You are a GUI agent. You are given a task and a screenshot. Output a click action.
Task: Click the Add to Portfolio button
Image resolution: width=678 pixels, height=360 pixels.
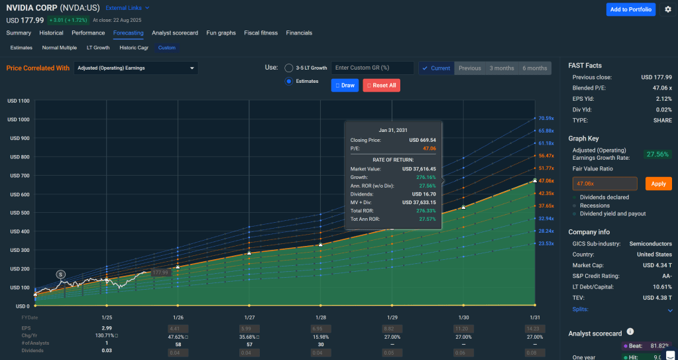630,9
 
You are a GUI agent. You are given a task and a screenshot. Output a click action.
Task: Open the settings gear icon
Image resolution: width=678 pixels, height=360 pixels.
667,9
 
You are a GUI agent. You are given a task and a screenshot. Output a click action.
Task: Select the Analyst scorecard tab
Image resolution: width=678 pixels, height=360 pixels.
175,32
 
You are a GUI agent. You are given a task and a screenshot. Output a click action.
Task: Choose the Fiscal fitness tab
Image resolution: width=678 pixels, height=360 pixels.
260,32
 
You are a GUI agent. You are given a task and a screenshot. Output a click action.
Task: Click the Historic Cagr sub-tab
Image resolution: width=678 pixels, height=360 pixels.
133,48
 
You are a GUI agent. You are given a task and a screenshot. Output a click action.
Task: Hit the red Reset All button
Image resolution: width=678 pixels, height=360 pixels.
381,86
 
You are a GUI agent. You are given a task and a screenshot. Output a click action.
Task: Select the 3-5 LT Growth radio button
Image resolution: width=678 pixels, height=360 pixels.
289,68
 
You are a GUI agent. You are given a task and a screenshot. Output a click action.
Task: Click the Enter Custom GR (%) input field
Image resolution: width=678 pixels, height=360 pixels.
372,68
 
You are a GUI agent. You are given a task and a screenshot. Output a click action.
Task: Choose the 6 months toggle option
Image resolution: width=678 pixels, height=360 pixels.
534,68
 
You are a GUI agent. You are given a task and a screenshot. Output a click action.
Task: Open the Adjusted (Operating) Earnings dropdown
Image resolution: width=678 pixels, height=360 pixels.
136,68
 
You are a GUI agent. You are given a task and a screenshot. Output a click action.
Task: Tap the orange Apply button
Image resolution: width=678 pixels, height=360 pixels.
657,184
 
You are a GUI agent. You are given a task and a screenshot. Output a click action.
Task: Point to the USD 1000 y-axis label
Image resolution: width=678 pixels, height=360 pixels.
19,119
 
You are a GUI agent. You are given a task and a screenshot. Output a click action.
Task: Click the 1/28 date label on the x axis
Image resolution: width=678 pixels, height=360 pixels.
320,318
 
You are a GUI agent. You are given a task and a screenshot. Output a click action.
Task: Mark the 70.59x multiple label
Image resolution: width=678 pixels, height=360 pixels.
546,118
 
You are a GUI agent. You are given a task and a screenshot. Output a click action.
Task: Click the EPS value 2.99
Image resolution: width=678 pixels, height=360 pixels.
107,328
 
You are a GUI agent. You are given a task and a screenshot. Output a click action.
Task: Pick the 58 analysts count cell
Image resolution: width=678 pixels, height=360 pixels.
178,343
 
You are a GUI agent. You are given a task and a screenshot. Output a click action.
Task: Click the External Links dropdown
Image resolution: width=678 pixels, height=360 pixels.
128,8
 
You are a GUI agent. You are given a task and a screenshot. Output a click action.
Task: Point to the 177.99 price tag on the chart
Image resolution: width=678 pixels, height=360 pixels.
160,272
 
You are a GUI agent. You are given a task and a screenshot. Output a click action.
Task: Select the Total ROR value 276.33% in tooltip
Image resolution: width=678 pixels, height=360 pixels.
425,210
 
